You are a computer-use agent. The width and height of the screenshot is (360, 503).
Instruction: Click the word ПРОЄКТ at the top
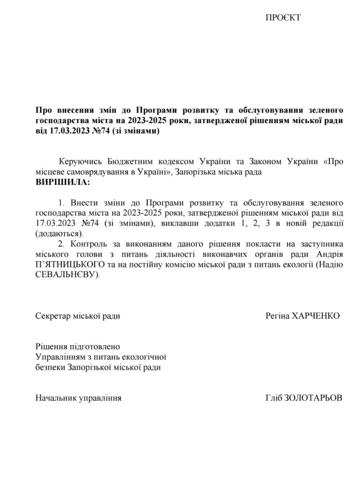coord(283,18)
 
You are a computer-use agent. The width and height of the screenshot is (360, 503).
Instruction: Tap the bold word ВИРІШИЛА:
coord(62,182)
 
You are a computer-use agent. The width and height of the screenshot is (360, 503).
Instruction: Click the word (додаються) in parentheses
coord(59,234)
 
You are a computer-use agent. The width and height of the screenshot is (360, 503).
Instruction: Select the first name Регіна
coord(277,316)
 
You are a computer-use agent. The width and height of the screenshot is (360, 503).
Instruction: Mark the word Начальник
coord(56,398)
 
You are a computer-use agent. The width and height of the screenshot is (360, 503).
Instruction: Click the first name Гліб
coord(274,398)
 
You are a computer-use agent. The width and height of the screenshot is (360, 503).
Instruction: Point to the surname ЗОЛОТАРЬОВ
coord(313,398)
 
